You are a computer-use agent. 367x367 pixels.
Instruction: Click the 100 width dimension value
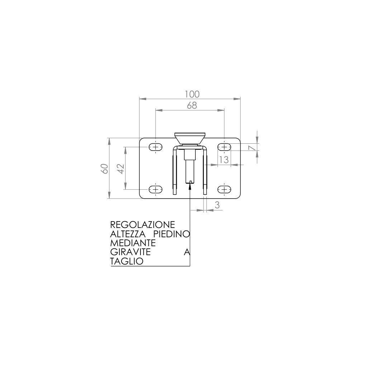coord(192,94)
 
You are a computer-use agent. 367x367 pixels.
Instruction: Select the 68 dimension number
coord(192,106)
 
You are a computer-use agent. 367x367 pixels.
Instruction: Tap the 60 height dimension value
coord(105,168)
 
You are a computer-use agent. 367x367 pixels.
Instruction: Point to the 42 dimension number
coord(120,168)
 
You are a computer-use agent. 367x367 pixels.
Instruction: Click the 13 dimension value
coord(224,159)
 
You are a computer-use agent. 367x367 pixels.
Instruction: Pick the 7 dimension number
coord(251,148)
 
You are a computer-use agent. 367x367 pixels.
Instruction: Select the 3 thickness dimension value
coord(217,205)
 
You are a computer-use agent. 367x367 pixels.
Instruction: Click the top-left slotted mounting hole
coord(156,147)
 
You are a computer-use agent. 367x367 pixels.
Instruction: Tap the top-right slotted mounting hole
coord(224,147)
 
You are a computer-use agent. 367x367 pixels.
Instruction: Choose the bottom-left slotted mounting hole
coord(156,189)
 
